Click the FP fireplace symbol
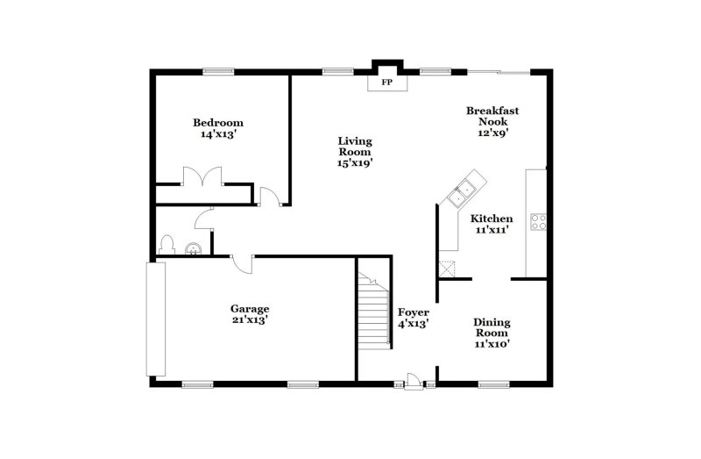tap(386, 82)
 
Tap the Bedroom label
tap(218, 123)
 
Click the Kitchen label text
tap(492, 219)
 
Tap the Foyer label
tap(413, 312)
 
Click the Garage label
tap(249, 309)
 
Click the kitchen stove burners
tap(538, 222)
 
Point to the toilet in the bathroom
tap(167, 244)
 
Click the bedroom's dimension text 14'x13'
tap(218, 134)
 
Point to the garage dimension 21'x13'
tap(249, 320)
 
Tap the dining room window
tap(493, 383)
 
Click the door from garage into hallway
tap(243, 262)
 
